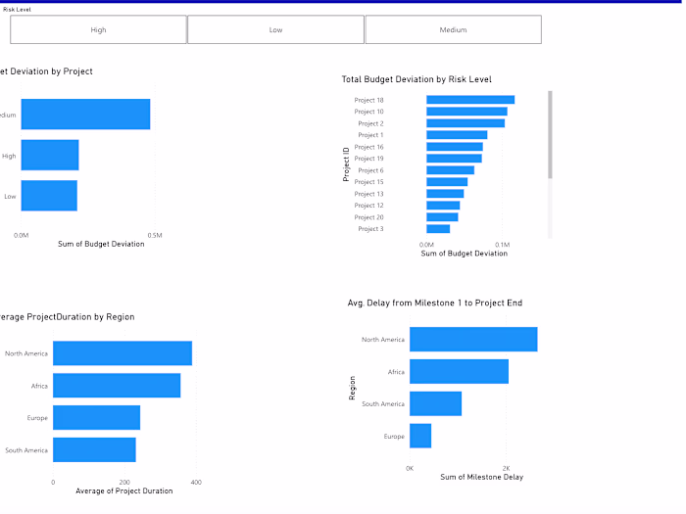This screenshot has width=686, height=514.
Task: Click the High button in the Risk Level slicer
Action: pyautogui.click(x=98, y=29)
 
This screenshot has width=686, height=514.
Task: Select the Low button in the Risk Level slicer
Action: pyautogui.click(x=275, y=29)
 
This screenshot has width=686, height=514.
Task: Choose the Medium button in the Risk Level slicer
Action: pyautogui.click(x=453, y=29)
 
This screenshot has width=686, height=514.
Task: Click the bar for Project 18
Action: pyautogui.click(x=469, y=100)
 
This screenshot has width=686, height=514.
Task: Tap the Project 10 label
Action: pyautogui.click(x=368, y=112)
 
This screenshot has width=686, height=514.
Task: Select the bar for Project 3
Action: pyautogui.click(x=438, y=229)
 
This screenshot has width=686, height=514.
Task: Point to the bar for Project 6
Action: pyautogui.click(x=450, y=170)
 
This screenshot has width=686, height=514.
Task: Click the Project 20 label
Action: pyautogui.click(x=368, y=217)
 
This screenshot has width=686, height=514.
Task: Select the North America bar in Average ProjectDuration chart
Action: pyautogui.click(x=122, y=353)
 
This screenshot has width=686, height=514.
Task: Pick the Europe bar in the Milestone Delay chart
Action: pyautogui.click(x=420, y=436)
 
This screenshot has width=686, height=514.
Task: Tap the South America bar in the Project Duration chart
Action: pyautogui.click(x=94, y=450)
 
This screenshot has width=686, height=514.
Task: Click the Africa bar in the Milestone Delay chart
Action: pyautogui.click(x=459, y=372)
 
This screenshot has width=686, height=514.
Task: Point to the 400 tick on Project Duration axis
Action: pyautogui.click(x=196, y=483)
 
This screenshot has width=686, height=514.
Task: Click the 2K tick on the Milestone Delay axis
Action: pyautogui.click(x=506, y=468)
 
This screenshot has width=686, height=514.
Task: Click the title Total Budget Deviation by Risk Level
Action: pyautogui.click(x=416, y=79)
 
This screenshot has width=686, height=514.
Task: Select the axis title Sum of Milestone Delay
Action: pyautogui.click(x=481, y=477)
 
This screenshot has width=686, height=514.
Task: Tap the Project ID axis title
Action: pyautogui.click(x=346, y=164)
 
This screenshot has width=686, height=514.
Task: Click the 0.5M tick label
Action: pyautogui.click(x=155, y=235)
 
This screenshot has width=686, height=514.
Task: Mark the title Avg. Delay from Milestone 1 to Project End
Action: pyautogui.click(x=434, y=304)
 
